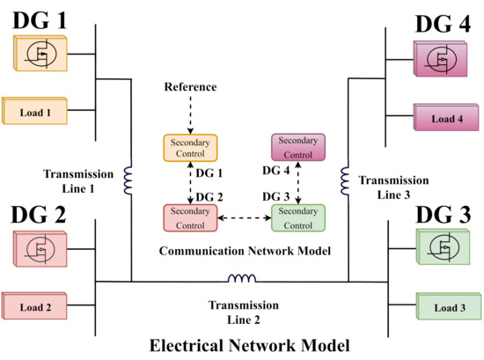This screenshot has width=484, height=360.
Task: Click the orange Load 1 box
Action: tap(36, 112)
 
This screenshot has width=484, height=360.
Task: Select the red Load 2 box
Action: tap(36, 307)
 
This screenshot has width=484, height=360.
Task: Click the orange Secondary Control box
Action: tap(190, 147)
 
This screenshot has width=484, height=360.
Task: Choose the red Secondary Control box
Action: tap(190, 217)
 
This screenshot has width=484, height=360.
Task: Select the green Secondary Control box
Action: tap(298, 217)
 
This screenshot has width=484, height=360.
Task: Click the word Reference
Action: tap(190, 89)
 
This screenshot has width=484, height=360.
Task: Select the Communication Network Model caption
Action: tap(244, 251)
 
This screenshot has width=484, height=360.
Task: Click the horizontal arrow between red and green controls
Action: tap(245, 217)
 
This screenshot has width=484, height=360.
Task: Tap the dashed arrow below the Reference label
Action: tap(190, 114)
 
